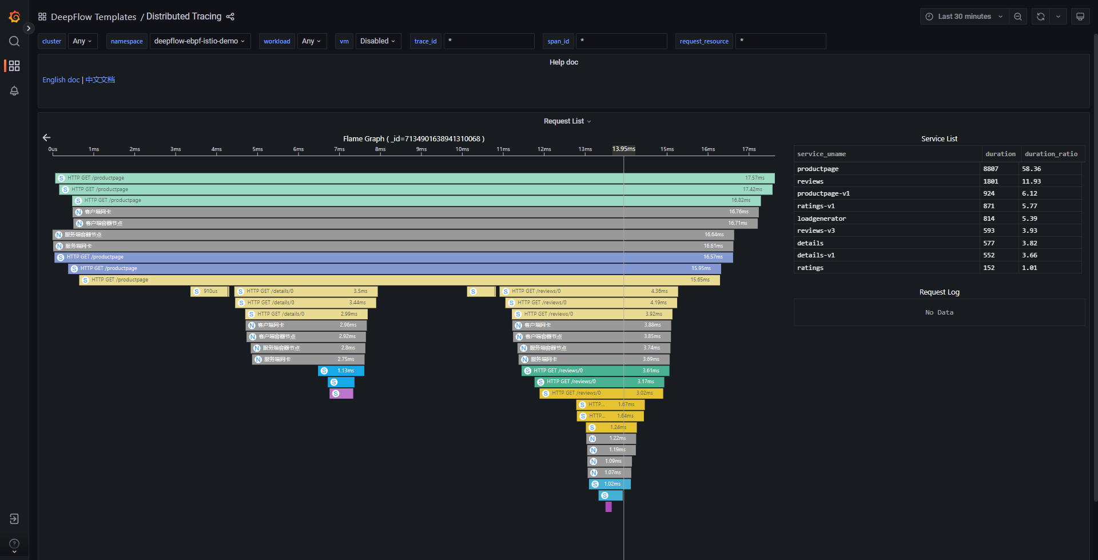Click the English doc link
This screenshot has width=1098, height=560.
coord(61,80)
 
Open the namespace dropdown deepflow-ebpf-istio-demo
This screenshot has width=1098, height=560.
coord(200,41)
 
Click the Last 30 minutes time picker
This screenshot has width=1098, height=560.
coord(964,17)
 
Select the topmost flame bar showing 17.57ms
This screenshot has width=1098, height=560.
coord(415,178)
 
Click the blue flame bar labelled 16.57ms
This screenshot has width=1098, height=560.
coord(393,257)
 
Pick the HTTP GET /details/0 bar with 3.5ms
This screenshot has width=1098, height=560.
coord(305,291)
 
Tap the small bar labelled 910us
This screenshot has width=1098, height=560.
coord(209,291)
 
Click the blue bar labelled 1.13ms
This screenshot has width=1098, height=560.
coord(341,371)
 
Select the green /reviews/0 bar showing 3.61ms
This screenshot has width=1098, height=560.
coord(595,371)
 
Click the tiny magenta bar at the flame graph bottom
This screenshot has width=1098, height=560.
coord(608,507)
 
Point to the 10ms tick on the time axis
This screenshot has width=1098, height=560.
coord(462,150)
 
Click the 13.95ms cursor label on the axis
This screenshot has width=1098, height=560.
coord(623,149)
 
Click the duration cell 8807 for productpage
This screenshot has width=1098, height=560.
coord(990,169)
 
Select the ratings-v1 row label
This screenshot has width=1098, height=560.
coord(816,206)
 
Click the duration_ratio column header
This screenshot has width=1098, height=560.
coord(1051,154)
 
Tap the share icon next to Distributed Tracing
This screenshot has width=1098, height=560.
coord(230,17)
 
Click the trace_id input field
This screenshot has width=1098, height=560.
coord(489,41)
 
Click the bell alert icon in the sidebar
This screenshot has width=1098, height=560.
coord(14,91)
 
